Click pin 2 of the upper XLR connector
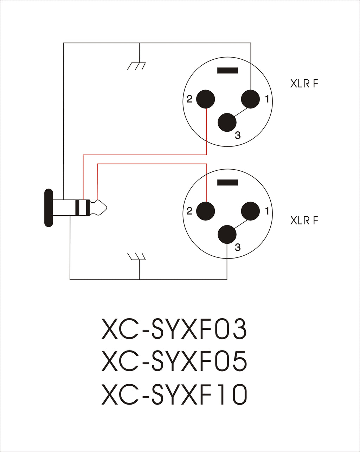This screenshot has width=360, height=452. click(x=205, y=99)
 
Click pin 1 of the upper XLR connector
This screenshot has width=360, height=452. click(x=250, y=99)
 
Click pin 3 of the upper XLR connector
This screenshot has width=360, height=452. click(x=227, y=123)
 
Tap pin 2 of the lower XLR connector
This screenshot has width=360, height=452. click(x=205, y=211)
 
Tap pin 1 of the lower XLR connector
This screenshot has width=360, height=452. click(x=250, y=211)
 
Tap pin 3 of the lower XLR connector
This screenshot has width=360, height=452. click(x=227, y=234)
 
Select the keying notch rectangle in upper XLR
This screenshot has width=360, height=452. click(x=227, y=70)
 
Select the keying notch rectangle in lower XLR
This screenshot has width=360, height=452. click(x=227, y=183)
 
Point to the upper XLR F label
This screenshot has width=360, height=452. click(x=304, y=83)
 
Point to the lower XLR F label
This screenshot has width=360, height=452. click(x=304, y=220)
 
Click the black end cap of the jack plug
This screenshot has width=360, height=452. click(x=49, y=208)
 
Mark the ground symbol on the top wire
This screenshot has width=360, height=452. click(x=136, y=66)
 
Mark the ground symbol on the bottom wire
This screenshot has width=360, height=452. click(x=136, y=256)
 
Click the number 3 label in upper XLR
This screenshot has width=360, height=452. click(x=238, y=135)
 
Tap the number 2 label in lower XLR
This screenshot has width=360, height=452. click(x=189, y=211)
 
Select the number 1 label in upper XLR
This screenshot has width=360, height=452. click(x=267, y=99)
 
